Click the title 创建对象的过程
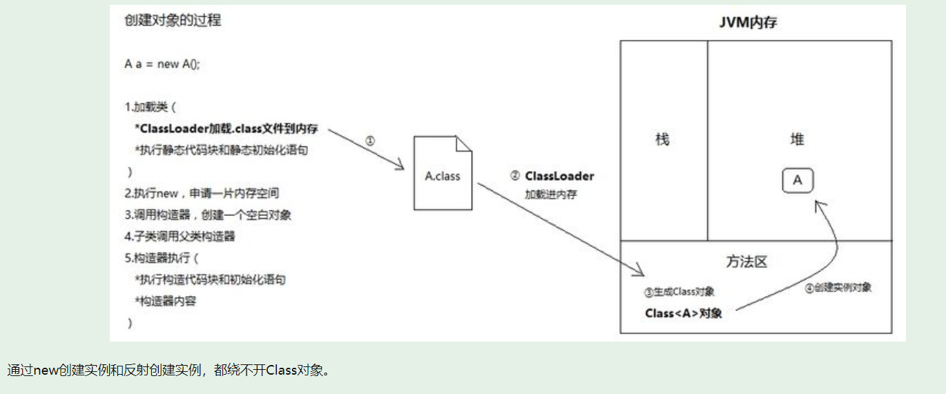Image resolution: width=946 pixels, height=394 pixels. (x=173, y=20)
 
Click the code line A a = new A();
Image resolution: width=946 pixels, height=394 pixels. (x=162, y=63)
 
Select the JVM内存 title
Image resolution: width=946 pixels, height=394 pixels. (x=749, y=23)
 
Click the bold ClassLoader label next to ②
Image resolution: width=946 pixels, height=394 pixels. (x=559, y=176)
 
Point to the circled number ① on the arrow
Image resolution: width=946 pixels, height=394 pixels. (x=369, y=140)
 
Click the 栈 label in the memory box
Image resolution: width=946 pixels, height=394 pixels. (x=662, y=139)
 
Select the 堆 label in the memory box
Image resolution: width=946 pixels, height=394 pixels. (x=798, y=139)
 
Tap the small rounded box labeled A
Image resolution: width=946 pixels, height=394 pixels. (x=798, y=181)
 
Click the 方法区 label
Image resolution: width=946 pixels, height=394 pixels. (x=746, y=262)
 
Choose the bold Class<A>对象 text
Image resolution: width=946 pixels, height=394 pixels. (x=684, y=313)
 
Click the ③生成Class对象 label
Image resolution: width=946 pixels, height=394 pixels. (x=679, y=292)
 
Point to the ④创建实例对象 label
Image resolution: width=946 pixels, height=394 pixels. (x=838, y=288)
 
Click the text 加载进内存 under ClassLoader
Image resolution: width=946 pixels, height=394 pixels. (x=551, y=195)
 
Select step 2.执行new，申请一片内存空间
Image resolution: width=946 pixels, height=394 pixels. (x=202, y=193)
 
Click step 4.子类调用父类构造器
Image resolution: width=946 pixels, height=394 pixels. (x=180, y=236)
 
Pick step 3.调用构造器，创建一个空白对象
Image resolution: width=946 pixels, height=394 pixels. (x=208, y=215)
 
